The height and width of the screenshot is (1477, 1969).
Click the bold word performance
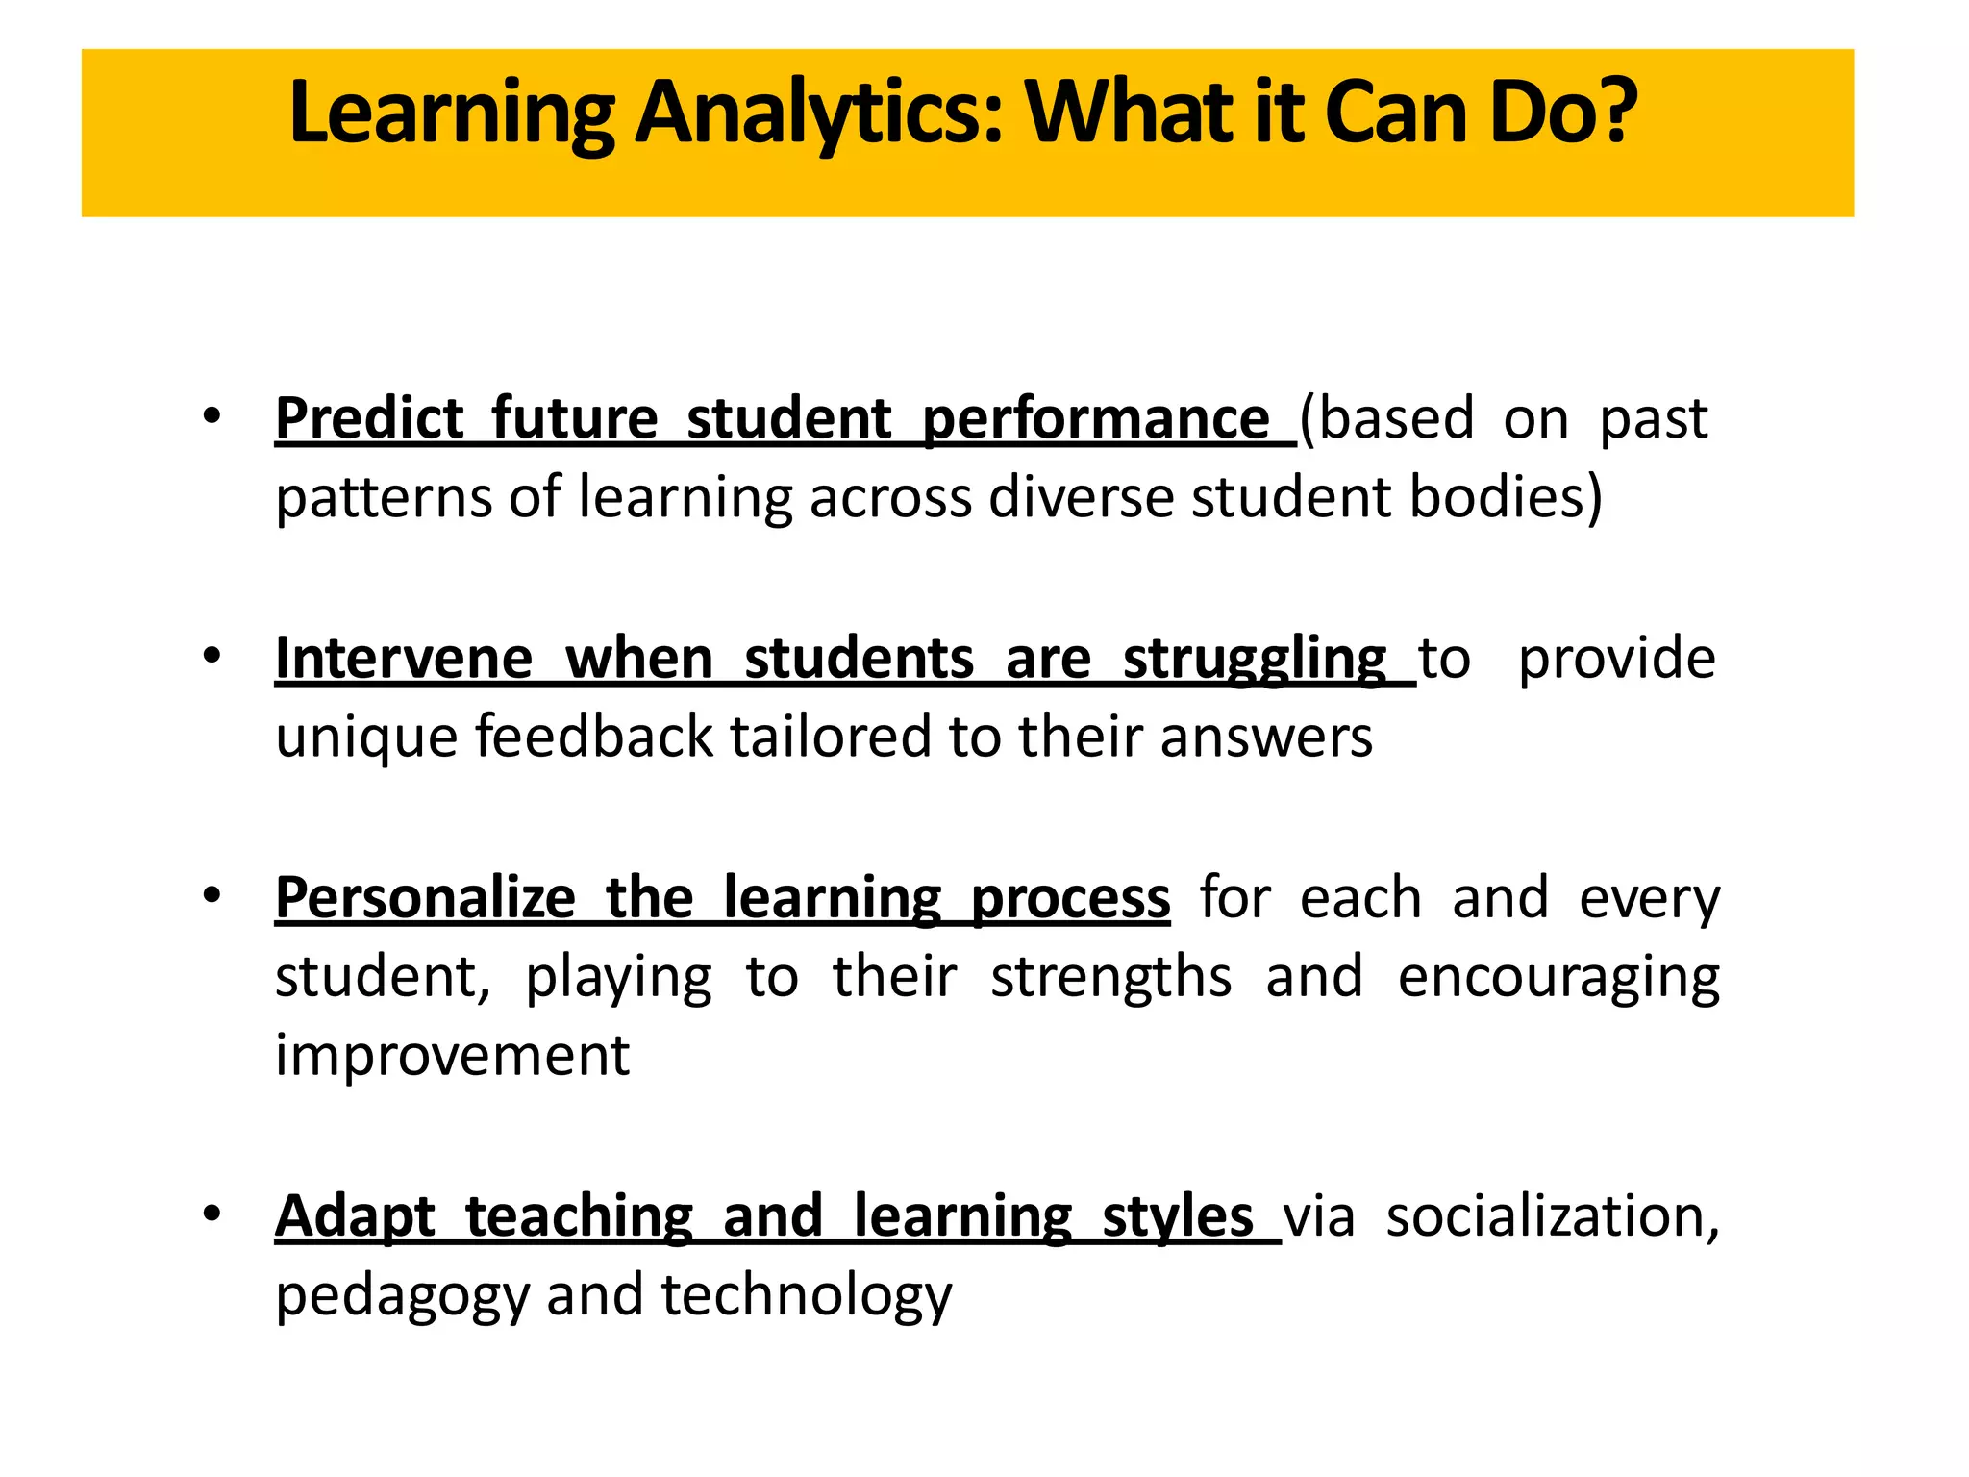(x=1096, y=420)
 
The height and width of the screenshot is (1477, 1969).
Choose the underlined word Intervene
(x=404, y=659)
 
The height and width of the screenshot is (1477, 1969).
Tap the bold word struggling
(x=1255, y=661)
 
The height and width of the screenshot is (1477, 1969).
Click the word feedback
(x=594, y=737)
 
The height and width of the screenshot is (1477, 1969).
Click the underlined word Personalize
(x=425, y=898)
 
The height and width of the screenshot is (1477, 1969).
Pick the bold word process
(x=1070, y=900)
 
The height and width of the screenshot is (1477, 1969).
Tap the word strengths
(x=1110, y=978)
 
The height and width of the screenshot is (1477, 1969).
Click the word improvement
(x=452, y=1055)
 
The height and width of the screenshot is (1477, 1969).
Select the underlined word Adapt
(x=355, y=1217)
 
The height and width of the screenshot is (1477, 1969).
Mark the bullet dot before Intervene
(x=212, y=657)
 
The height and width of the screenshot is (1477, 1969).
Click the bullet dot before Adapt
(x=212, y=1214)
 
